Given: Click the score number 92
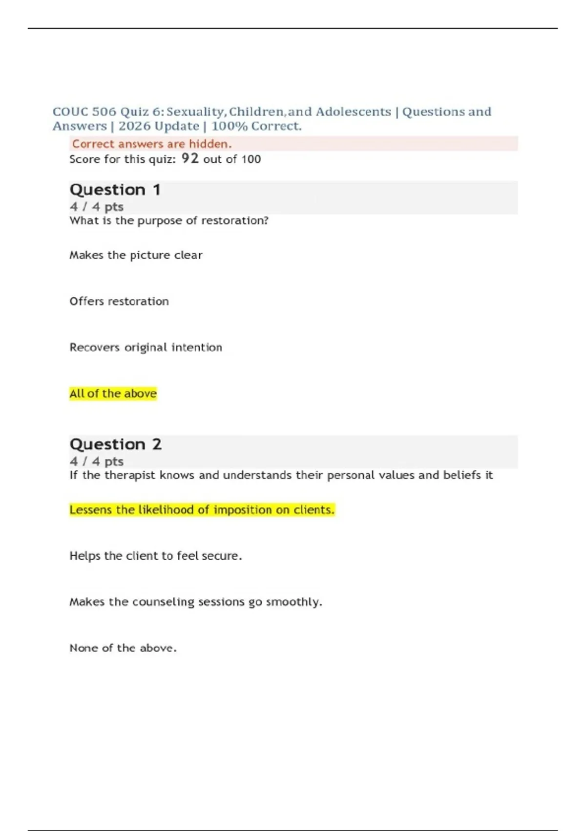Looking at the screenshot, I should point(190,158).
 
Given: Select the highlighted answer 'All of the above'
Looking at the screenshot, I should point(113,394).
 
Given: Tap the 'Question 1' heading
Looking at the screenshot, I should point(115,190).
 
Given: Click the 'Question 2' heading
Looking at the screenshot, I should point(115,444).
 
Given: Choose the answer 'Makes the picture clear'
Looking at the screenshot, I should point(136,255).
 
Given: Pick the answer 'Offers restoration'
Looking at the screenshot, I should point(119,301).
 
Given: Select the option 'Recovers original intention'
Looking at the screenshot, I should point(146,348).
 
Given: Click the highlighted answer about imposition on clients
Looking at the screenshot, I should point(202,510).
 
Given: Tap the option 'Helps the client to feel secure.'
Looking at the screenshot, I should point(155,556).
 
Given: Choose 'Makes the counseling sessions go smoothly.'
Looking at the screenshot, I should point(195,602).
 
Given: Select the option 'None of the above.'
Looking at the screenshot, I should point(123,648).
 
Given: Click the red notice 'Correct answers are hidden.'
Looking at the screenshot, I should point(152,144).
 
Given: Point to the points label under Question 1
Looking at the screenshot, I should point(96,207).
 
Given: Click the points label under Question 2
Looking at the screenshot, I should point(96,461).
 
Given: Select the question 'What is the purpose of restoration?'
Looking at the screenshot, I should point(169,220).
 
